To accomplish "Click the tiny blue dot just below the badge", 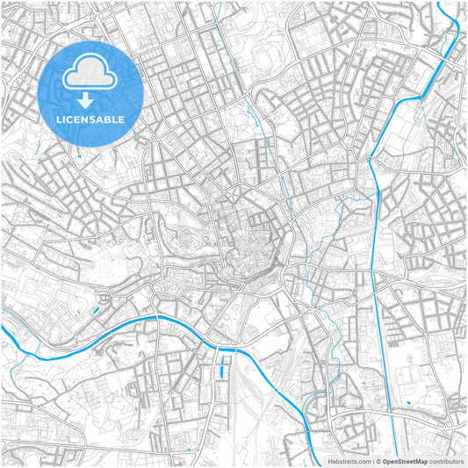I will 78,156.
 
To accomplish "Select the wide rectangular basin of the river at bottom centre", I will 227,350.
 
